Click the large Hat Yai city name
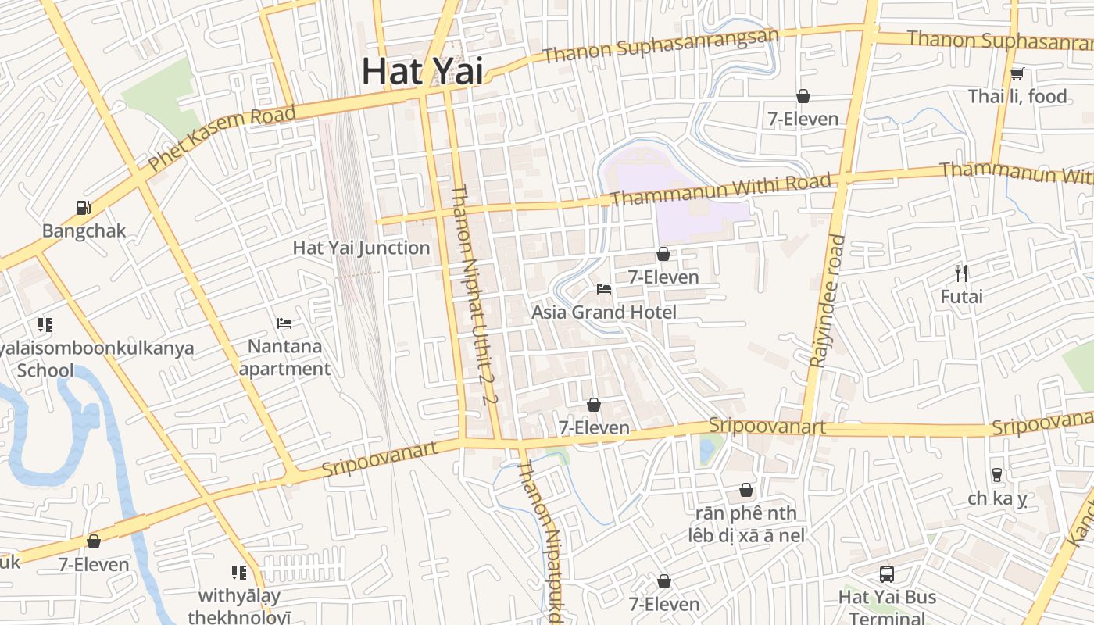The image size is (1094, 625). point(422,72)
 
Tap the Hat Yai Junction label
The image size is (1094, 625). point(361,248)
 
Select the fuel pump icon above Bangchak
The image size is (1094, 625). point(84,208)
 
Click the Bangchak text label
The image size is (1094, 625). point(84,231)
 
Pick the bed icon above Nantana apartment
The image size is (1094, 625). point(284,323)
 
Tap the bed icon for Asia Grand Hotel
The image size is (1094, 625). point(604,289)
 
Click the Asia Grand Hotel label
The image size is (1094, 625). point(604,312)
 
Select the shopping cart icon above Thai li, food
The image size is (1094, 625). point(1017,74)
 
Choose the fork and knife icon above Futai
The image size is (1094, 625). point(961,273)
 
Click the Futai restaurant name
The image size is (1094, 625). point(961,297)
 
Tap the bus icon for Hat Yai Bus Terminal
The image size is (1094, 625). point(887,574)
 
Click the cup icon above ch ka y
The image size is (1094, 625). point(996,474)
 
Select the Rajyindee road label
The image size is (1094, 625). point(827,301)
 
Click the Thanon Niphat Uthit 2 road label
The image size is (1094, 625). point(474,295)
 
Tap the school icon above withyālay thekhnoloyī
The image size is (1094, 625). point(238,573)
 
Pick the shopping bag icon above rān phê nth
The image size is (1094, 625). point(746,491)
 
